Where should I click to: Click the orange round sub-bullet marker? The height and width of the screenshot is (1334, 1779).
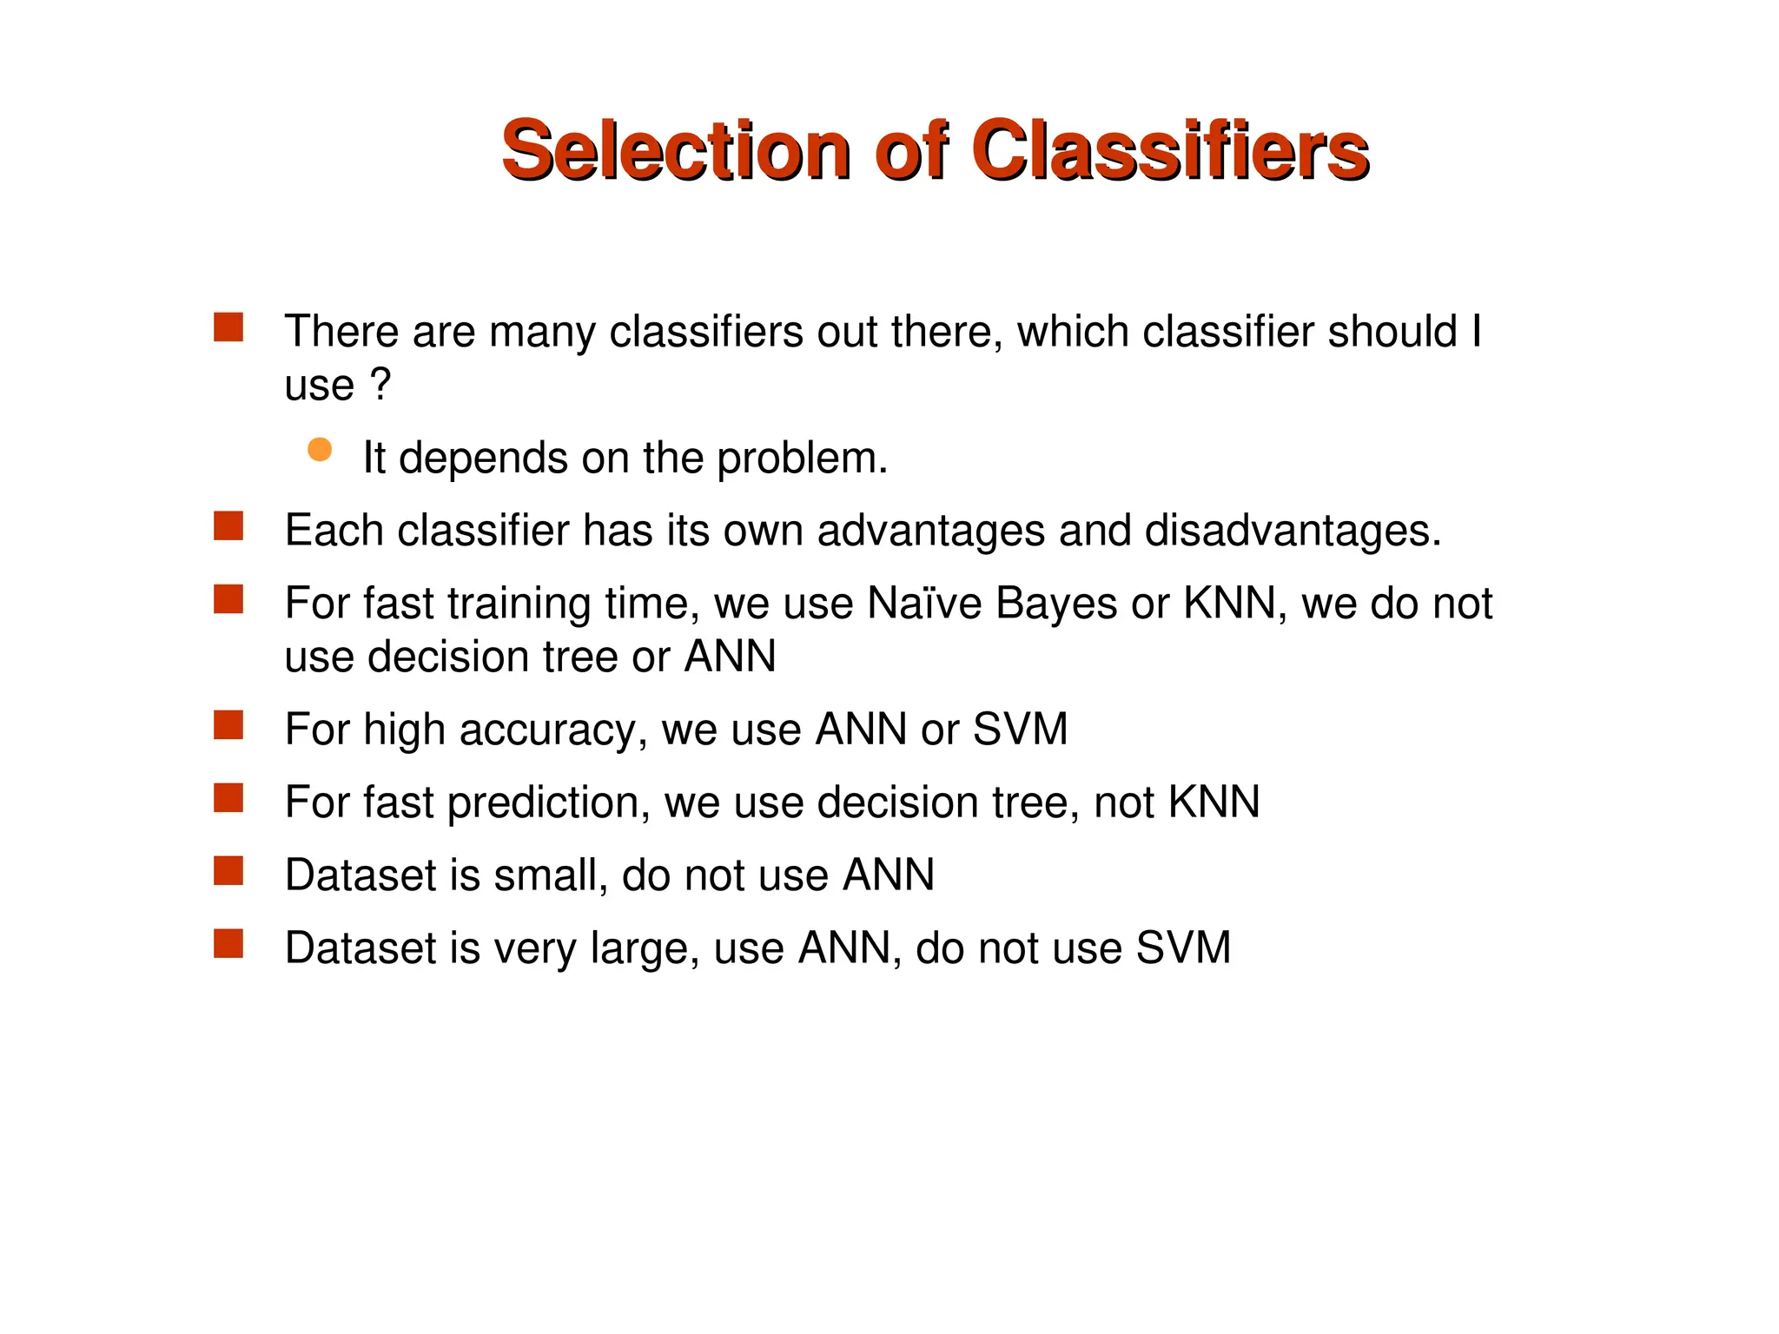(320, 449)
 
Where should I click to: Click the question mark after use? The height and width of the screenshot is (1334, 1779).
(380, 384)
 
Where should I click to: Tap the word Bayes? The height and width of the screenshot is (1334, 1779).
(1056, 604)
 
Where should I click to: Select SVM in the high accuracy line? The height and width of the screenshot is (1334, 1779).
(1020, 729)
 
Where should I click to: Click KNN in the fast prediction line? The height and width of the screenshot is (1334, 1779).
(1214, 802)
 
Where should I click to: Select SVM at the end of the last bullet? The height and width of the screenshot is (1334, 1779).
(1183, 948)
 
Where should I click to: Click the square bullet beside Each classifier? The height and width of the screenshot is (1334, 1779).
(228, 526)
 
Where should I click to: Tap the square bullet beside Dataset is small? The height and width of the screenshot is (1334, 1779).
(228, 870)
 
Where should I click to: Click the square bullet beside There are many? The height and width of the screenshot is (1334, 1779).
(228, 327)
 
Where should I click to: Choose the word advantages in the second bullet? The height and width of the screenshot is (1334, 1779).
(930, 532)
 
